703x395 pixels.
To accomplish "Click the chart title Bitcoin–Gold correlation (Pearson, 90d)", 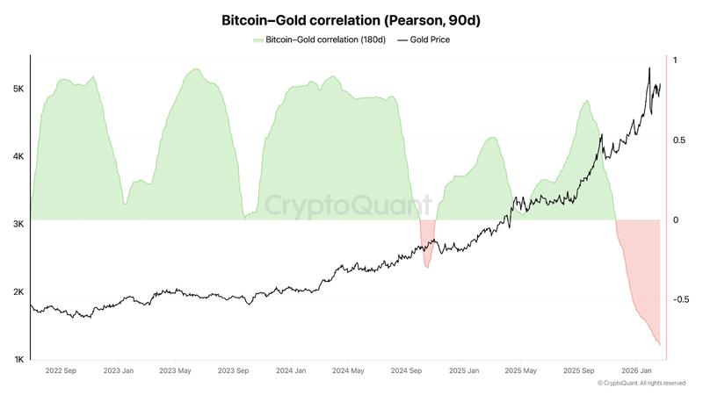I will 351,19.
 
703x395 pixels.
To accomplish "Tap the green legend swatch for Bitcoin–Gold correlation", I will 257,40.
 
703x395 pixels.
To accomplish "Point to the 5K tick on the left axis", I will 18,90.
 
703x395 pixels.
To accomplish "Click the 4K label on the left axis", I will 18,157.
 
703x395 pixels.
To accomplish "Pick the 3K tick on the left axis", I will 18,225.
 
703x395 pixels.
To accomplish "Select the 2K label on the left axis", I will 18,292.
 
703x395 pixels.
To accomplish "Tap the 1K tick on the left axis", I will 18,360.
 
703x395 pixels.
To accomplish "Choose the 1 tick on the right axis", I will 675,60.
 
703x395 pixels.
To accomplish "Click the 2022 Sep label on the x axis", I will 60,371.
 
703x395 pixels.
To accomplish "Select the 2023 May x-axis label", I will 175,371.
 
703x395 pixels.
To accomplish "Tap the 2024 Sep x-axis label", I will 406,371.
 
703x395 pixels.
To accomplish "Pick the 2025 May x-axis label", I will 521,371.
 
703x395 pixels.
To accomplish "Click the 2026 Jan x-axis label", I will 635,371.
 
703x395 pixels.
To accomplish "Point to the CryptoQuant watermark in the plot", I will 349,207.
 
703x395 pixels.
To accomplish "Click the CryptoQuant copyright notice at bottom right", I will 641,384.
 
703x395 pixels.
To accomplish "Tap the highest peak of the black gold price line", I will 649,68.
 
